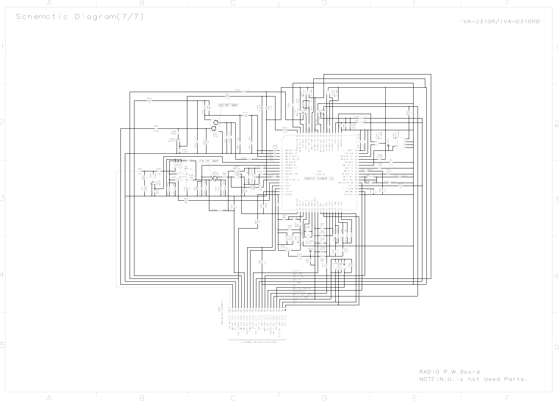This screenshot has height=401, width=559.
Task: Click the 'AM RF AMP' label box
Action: (228, 106)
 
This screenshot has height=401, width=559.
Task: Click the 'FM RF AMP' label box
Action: (209, 161)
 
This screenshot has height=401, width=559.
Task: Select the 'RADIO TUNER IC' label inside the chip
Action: (319, 179)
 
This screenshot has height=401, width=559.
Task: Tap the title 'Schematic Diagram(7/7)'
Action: (80, 17)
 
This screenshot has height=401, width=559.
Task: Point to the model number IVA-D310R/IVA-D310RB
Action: (500, 21)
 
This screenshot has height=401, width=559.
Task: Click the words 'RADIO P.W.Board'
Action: (449, 372)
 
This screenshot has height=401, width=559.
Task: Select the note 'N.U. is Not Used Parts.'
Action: (473, 379)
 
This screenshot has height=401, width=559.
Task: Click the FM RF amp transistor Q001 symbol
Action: (215, 178)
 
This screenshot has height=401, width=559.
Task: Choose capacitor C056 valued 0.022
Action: (156, 128)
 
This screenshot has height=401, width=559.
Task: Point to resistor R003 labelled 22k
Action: (220, 211)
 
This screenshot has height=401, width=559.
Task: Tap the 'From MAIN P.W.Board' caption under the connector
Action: (259, 342)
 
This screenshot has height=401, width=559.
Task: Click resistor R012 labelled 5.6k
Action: (299, 256)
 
